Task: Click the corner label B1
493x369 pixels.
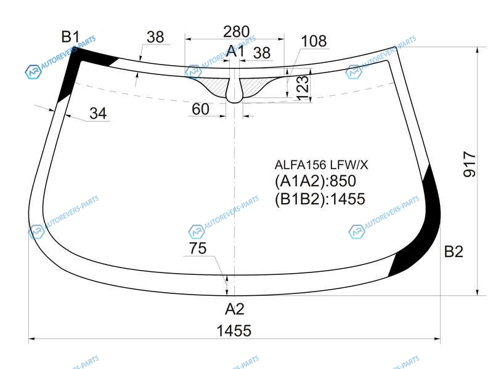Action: (x=70, y=37)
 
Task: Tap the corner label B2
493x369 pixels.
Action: (x=454, y=252)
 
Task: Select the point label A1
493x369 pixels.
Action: (x=235, y=51)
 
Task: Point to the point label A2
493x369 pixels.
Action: (x=235, y=309)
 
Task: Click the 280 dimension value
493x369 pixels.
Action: (x=237, y=32)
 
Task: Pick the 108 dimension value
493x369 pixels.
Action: (x=314, y=41)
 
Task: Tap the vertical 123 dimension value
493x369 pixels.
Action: (x=303, y=87)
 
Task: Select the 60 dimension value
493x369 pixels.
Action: (x=200, y=109)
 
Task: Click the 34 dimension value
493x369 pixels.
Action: (x=98, y=113)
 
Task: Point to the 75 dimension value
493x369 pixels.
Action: (x=198, y=248)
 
